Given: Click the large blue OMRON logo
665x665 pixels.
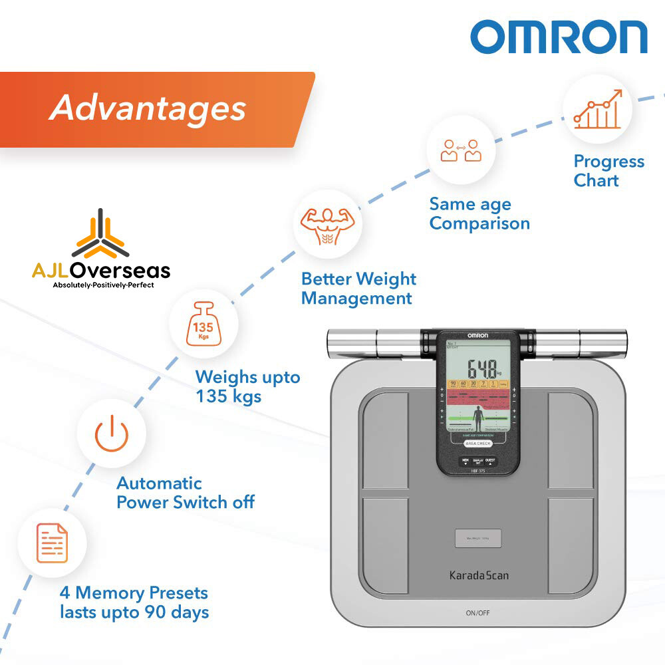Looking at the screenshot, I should pos(559,37).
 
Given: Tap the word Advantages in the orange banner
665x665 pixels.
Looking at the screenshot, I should pos(148,108).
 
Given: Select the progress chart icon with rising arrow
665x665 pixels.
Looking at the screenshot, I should pos(597,109).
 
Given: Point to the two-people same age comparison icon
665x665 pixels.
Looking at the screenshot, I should pos(461,150).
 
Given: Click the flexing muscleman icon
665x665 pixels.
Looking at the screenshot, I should pos(327,224).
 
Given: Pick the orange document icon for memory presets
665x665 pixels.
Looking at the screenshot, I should pos(52,543).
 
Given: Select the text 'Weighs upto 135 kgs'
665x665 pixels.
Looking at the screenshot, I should pos(247,386).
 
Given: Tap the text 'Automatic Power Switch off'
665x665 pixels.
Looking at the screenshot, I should pos(185,492).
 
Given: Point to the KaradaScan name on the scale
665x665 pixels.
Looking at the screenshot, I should pos(477,575).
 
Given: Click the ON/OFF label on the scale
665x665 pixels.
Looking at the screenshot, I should pos(477,612).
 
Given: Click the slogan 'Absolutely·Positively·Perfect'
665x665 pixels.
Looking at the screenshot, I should pos(103,285).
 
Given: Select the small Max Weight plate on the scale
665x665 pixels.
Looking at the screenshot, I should pos(477,538).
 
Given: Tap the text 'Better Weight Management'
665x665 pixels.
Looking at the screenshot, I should pos(358,289).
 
